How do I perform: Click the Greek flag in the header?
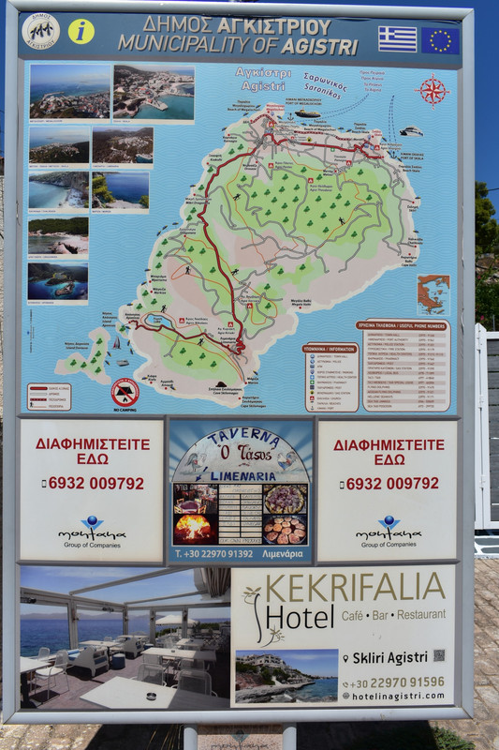pyautogui.click(x=398, y=38)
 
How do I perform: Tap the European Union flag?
pyautogui.click(x=439, y=39)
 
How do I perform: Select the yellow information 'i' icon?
pyautogui.click(x=81, y=31)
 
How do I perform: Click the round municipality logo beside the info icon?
pyautogui.click(x=40, y=31)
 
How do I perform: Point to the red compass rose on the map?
pyautogui.click(x=432, y=91)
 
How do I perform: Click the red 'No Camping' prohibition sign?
pyautogui.click(x=125, y=392)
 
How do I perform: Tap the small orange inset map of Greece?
pyautogui.click(x=433, y=293)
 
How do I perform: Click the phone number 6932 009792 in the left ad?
pyautogui.click(x=92, y=484)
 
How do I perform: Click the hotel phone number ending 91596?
pyautogui.click(x=399, y=682)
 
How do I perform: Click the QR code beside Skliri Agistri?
pyautogui.click(x=439, y=655)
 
